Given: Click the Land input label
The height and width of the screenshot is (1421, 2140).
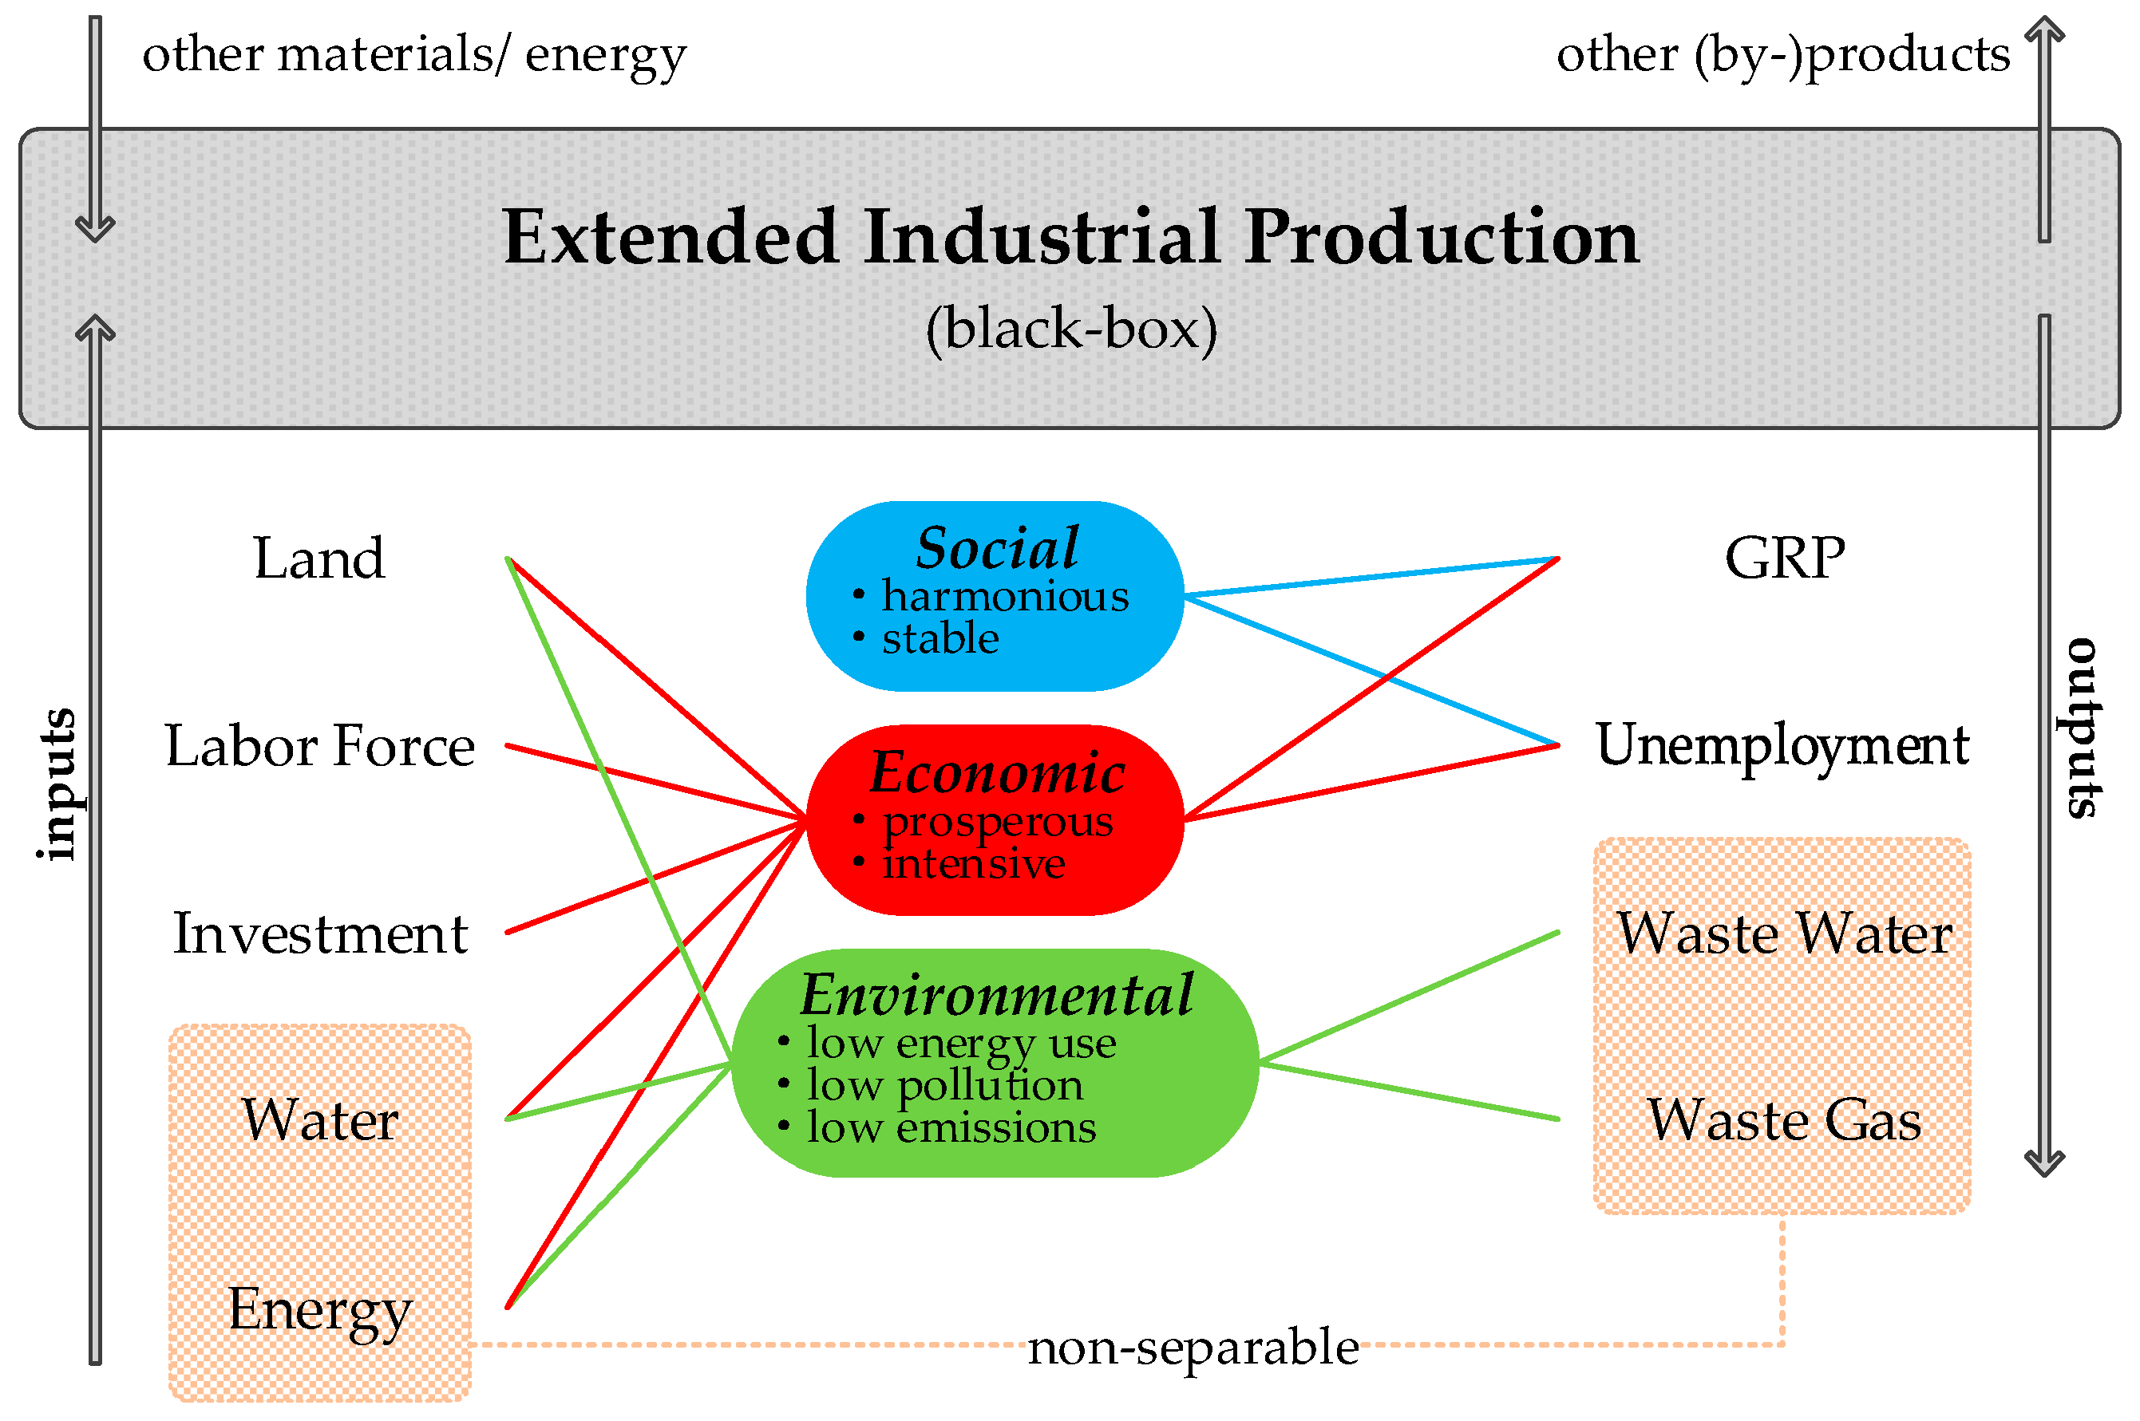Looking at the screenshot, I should click(x=319, y=559).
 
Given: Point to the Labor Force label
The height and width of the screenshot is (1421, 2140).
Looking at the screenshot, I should click(x=319, y=747).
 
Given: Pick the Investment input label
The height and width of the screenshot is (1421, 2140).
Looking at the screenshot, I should click(x=319, y=934).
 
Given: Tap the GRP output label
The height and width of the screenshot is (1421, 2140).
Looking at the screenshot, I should click(x=1784, y=559).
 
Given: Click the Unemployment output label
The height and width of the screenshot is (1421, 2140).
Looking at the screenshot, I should click(x=1782, y=747).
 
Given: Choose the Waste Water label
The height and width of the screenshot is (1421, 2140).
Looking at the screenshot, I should click(x=1784, y=934).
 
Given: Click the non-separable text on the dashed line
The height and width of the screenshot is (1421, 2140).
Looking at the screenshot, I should click(x=1193, y=1348).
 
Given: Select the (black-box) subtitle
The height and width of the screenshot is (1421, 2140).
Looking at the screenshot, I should click(x=1070, y=328).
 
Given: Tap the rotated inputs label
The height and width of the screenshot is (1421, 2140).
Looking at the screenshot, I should click(x=56, y=784).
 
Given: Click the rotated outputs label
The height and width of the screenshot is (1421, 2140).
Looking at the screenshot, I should click(x=2081, y=728).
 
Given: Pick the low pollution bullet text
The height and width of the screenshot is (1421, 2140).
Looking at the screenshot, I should click(x=944, y=1085).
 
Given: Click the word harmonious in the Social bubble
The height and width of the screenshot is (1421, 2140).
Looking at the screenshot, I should click(x=1005, y=596).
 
